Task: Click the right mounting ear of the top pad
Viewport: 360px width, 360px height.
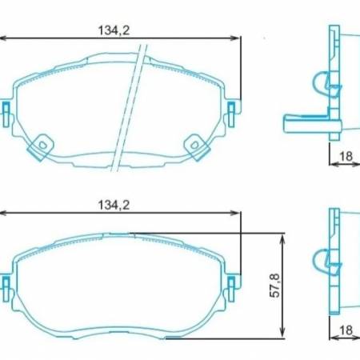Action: [233, 110]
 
